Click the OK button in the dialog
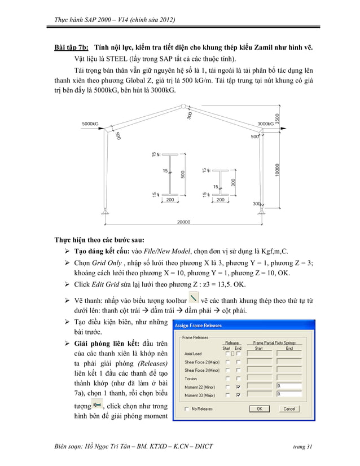coord(259,408)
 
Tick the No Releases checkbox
coord(187,408)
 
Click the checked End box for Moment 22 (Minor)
coord(239,386)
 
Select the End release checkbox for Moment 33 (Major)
coord(239,395)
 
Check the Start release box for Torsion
coord(228,379)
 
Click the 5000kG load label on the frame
coord(90,123)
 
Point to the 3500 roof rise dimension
coord(276,119)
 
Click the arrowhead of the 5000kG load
coord(103,128)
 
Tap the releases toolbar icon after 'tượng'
coord(97,405)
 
